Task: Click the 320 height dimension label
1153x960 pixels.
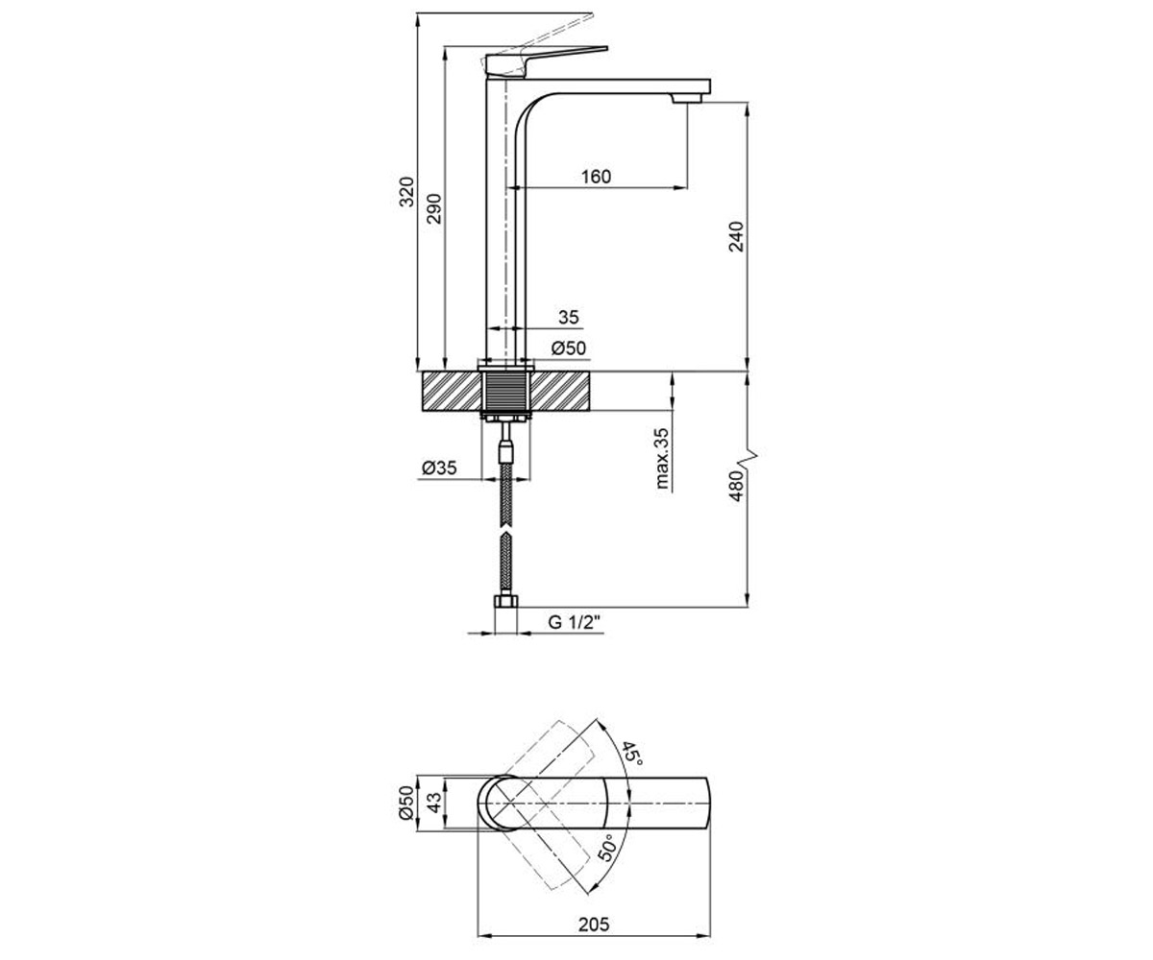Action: [x=406, y=192]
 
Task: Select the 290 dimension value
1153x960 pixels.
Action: [x=434, y=208]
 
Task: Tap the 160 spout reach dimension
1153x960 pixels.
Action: [x=596, y=177]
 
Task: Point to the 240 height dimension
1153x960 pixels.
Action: [x=737, y=236]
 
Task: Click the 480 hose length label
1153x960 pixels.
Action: [x=737, y=486]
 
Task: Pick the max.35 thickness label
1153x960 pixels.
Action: [x=663, y=459]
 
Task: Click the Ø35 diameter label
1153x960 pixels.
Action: [x=439, y=468]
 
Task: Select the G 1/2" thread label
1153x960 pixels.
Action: [x=574, y=622]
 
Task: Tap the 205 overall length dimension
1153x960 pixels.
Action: [x=594, y=924]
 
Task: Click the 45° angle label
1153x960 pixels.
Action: [x=632, y=754]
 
